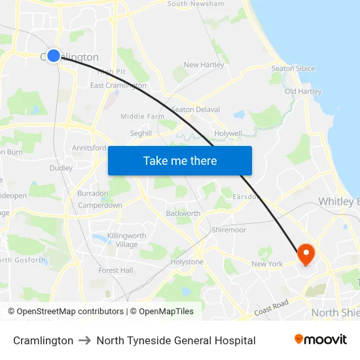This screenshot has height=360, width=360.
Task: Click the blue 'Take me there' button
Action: (179, 160)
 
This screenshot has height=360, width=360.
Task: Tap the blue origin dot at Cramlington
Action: (54, 56)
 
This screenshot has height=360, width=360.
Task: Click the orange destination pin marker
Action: (306, 253)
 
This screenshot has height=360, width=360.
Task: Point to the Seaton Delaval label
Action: (195, 109)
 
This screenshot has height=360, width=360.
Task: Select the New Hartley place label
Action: (204, 65)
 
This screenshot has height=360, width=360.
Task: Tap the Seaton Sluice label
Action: (293, 68)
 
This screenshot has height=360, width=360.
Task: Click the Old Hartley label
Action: (303, 92)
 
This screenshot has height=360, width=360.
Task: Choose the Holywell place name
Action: (228, 133)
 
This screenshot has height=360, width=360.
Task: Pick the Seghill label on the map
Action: (141, 133)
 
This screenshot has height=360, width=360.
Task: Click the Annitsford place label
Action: (89, 148)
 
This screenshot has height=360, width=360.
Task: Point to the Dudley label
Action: (61, 168)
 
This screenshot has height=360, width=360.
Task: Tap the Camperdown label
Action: (100, 206)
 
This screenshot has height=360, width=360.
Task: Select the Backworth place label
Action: (183, 213)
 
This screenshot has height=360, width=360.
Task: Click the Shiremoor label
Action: (228, 230)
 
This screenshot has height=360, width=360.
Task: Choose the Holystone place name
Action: (187, 262)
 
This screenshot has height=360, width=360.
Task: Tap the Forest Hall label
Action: (116, 270)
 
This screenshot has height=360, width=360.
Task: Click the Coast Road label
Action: (272, 307)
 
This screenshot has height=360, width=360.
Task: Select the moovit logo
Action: (320, 340)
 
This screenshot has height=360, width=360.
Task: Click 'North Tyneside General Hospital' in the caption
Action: (175, 340)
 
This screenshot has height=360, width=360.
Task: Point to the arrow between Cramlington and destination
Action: (84, 340)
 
